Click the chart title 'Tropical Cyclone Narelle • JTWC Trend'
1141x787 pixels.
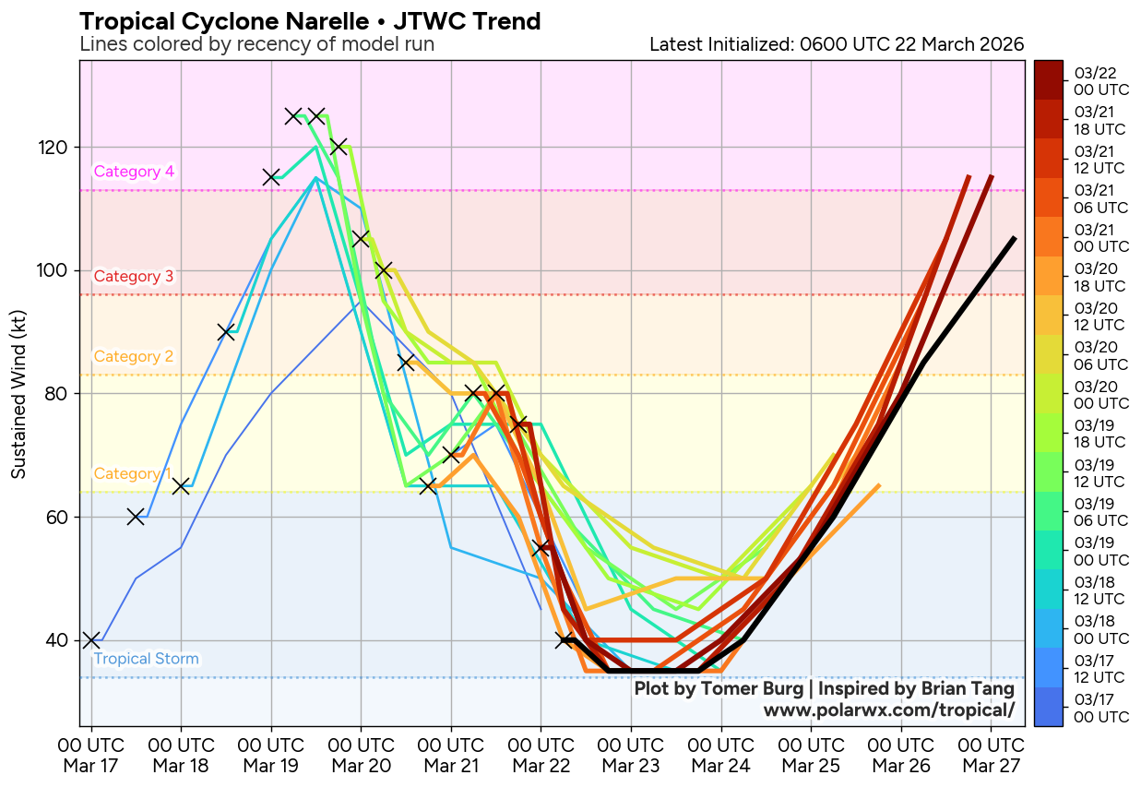click(310, 21)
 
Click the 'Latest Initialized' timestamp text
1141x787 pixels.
click(836, 44)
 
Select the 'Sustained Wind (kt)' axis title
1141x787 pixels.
click(18, 394)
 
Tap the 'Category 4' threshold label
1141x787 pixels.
click(134, 172)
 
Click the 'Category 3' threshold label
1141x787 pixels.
click(134, 276)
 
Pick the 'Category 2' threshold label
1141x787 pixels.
click(134, 357)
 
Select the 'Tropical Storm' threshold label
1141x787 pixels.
click(146, 659)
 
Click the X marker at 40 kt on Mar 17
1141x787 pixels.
click(90, 640)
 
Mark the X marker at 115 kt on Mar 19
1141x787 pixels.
click(271, 177)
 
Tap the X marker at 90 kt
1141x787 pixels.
click(226, 332)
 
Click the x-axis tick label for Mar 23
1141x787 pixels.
click(631, 755)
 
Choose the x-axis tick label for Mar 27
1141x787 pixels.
click(991, 755)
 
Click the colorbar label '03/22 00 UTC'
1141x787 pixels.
click(1100, 82)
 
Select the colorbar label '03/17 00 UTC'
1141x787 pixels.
click(1100, 709)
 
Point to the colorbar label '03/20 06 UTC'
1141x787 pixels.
click(1100, 356)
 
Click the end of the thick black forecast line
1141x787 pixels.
click(1015, 238)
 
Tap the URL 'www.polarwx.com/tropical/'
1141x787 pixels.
click(888, 709)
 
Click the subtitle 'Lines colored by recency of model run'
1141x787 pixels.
click(256, 44)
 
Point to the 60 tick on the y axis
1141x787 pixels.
click(61, 517)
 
